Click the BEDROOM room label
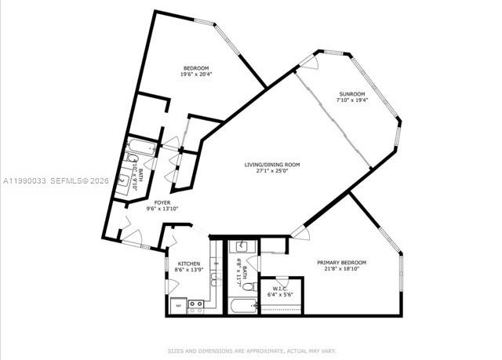coord(195,68)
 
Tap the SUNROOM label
coord(351,93)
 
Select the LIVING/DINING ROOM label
coord(272,164)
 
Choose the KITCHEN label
coord(188,264)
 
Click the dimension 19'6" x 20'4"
coord(195,75)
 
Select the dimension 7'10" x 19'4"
coord(351,100)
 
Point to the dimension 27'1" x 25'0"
coord(272,171)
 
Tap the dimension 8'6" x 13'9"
coord(188,270)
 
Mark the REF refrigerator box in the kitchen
coord(178,305)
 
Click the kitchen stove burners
coord(196,304)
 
